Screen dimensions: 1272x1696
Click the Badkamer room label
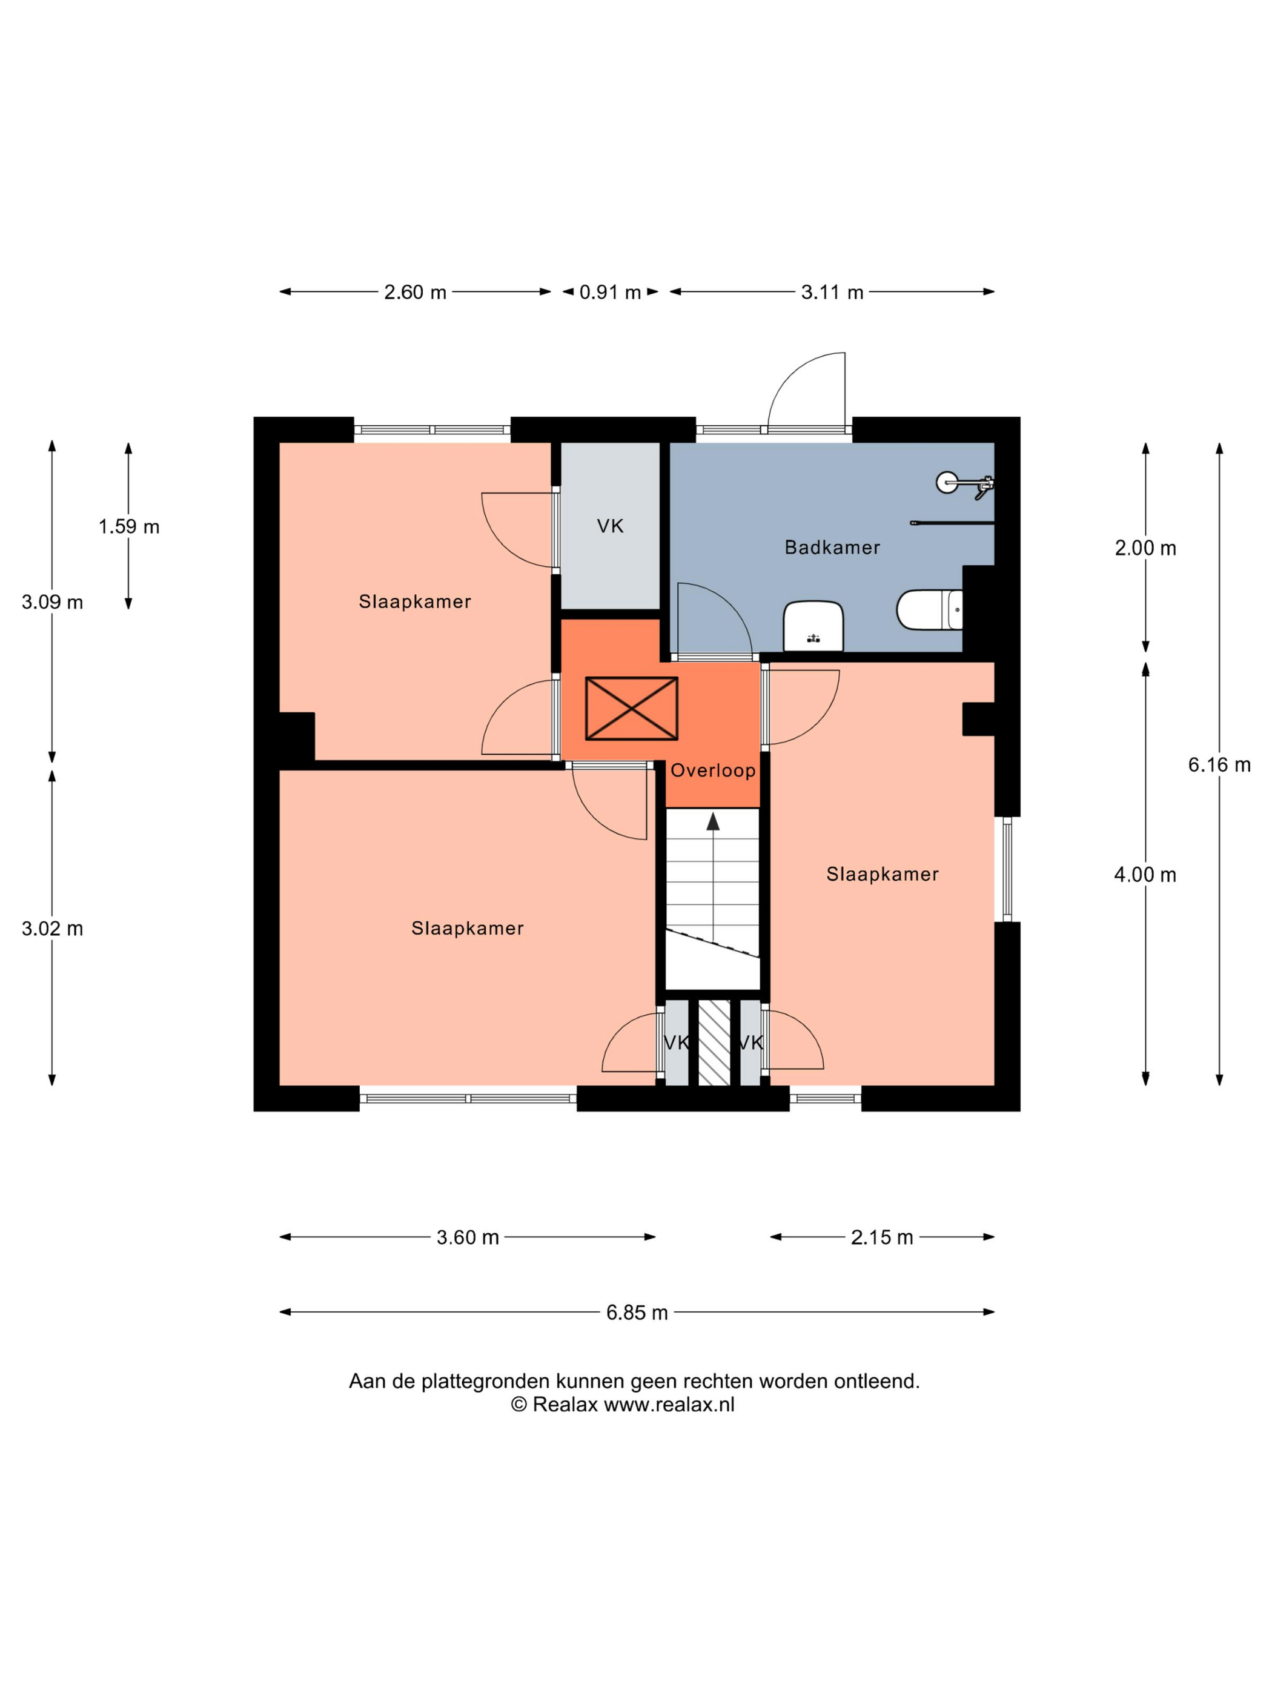click(x=832, y=548)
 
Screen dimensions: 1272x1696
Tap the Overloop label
click(x=713, y=770)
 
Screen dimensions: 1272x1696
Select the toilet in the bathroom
click(x=929, y=609)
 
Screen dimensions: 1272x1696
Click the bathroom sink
click(x=813, y=626)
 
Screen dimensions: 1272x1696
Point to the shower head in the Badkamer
click(x=948, y=482)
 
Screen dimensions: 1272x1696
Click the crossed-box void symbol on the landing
click(x=631, y=709)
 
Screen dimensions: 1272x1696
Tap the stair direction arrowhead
click(x=713, y=822)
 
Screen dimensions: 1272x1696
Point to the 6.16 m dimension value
click(x=1219, y=764)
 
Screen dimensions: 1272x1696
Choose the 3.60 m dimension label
click(x=468, y=1237)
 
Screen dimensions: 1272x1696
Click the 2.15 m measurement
click(x=882, y=1237)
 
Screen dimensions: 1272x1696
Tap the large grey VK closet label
click(x=611, y=526)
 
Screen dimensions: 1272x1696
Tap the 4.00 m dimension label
click(x=1145, y=875)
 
